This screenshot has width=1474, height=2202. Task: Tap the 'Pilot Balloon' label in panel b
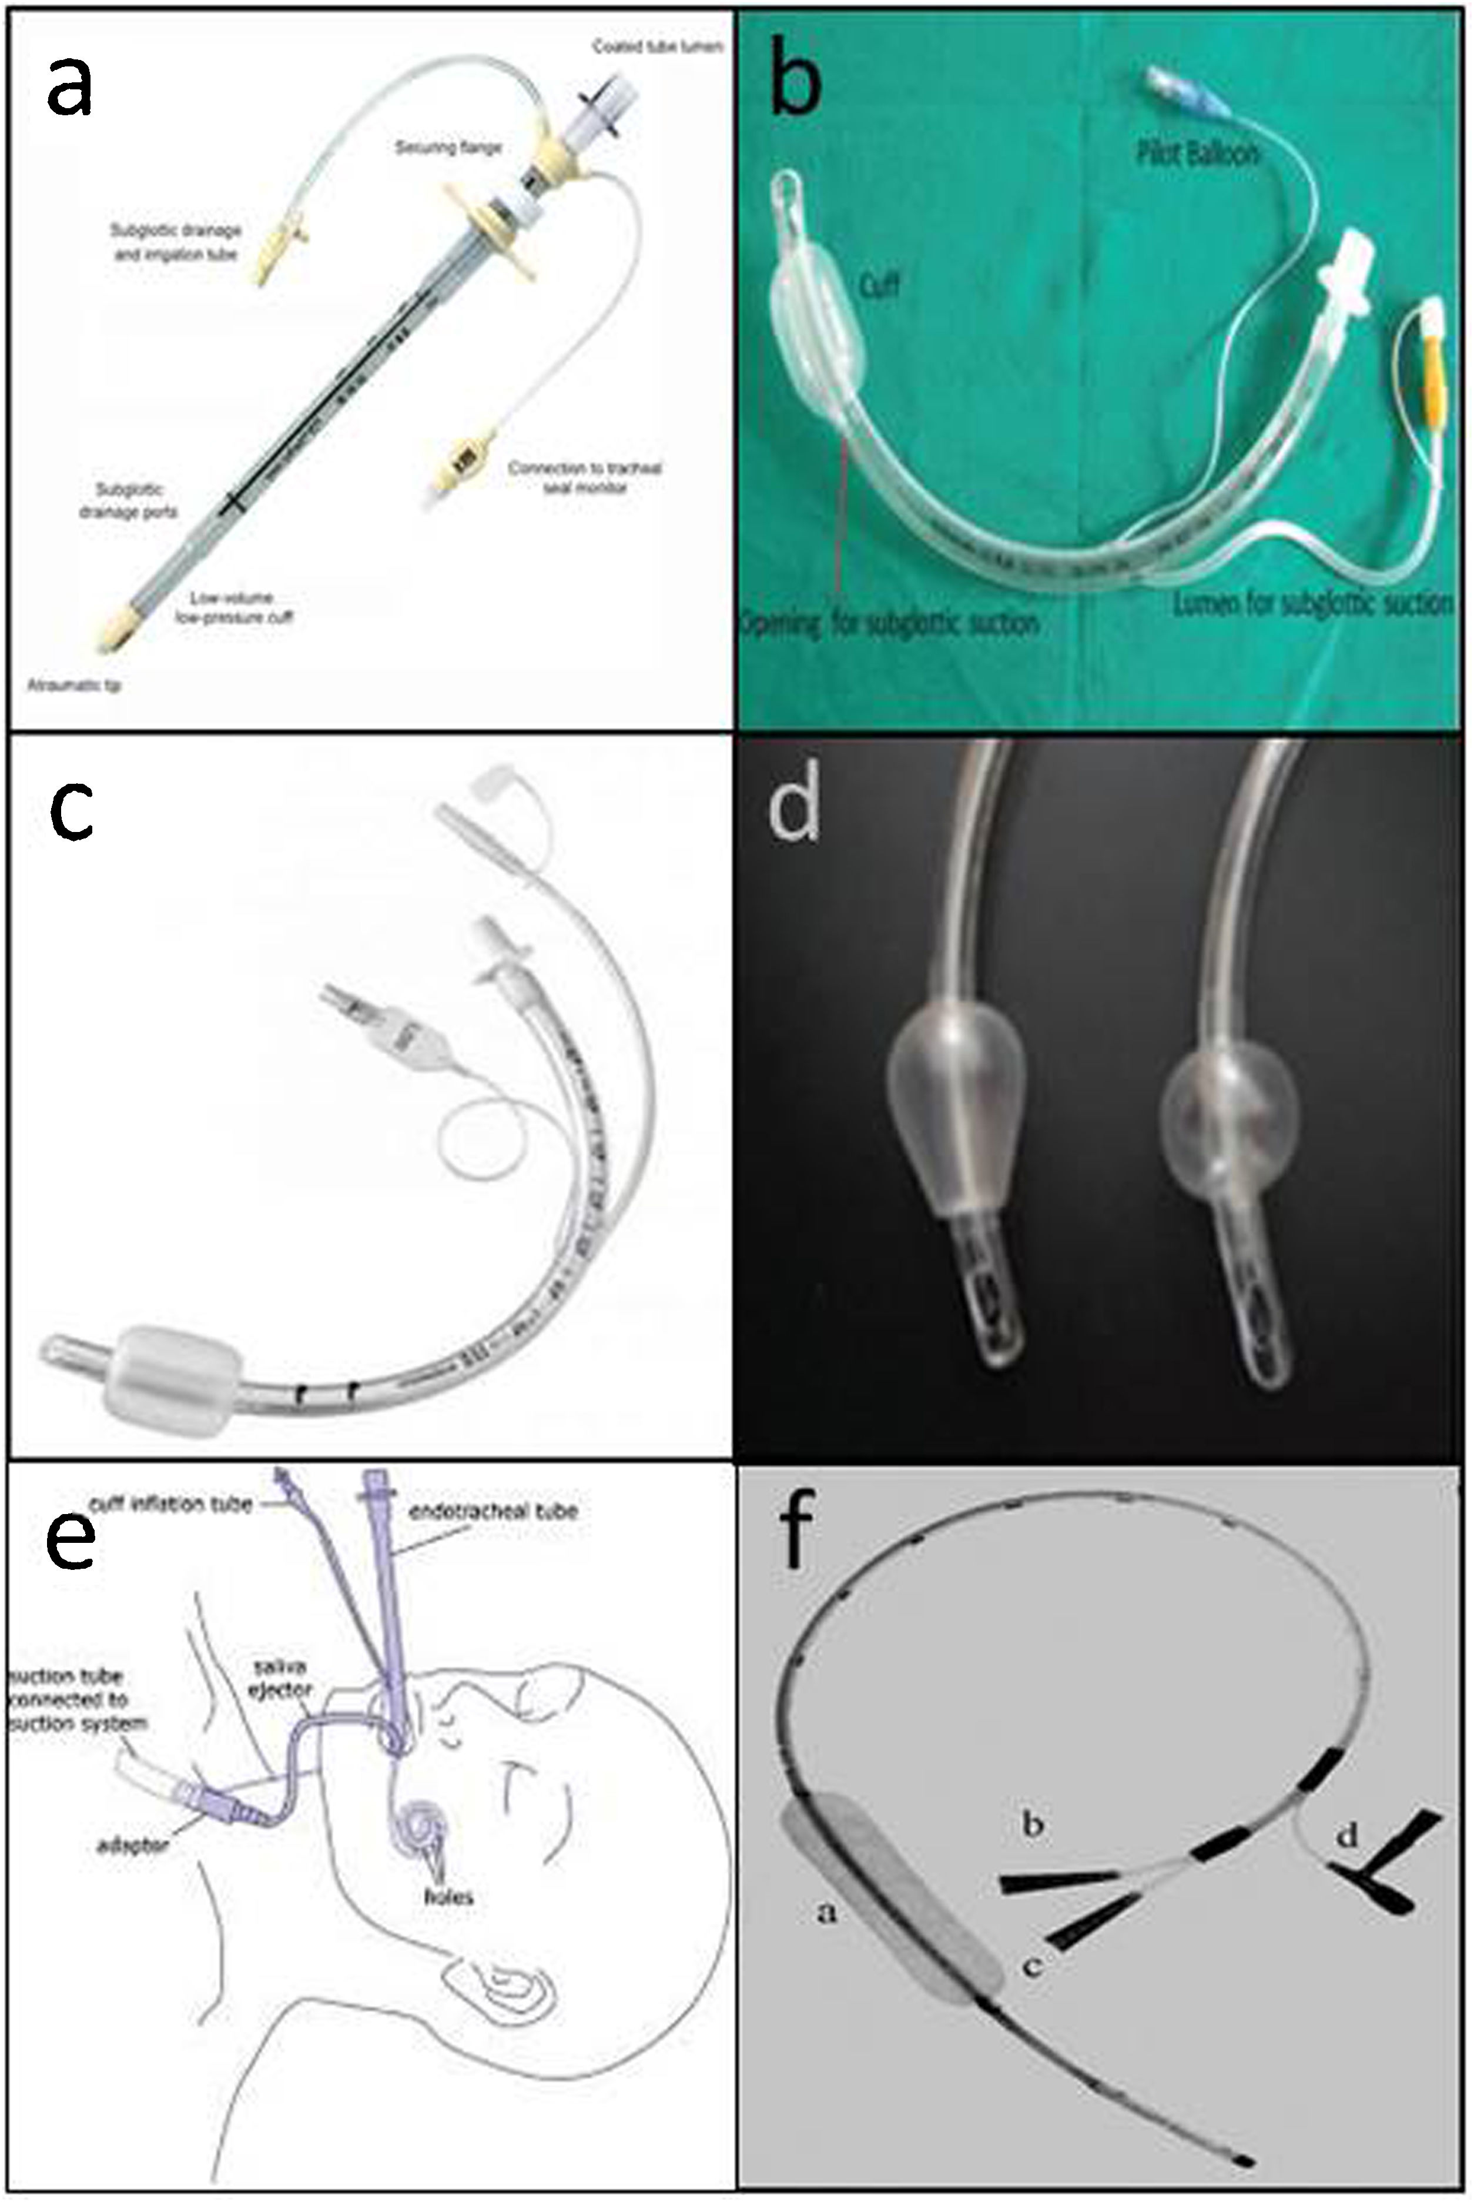tap(1197, 154)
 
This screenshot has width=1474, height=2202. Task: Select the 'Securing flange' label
tap(447, 148)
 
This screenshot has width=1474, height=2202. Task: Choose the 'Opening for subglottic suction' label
tap(889, 623)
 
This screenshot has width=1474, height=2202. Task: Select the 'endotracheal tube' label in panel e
tap(494, 1512)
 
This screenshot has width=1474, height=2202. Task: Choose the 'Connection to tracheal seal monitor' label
tap(585, 477)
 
